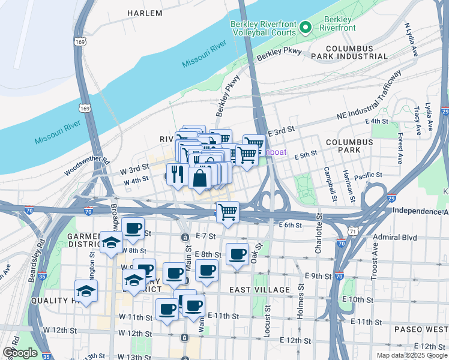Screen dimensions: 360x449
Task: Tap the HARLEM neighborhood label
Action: click(145, 13)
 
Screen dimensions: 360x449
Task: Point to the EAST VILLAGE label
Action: click(259, 290)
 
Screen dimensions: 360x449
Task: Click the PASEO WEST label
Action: click(420, 329)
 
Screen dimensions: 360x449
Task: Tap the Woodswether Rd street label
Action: click(88, 167)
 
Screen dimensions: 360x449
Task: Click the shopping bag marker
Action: click(199, 178)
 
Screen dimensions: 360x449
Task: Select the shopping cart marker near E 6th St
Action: click(228, 212)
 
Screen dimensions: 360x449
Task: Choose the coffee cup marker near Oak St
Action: click(238, 254)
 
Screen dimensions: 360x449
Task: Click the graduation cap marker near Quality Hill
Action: click(86, 291)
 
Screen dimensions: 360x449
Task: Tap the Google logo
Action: click(20, 353)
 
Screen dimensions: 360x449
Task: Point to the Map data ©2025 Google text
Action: click(411, 355)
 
